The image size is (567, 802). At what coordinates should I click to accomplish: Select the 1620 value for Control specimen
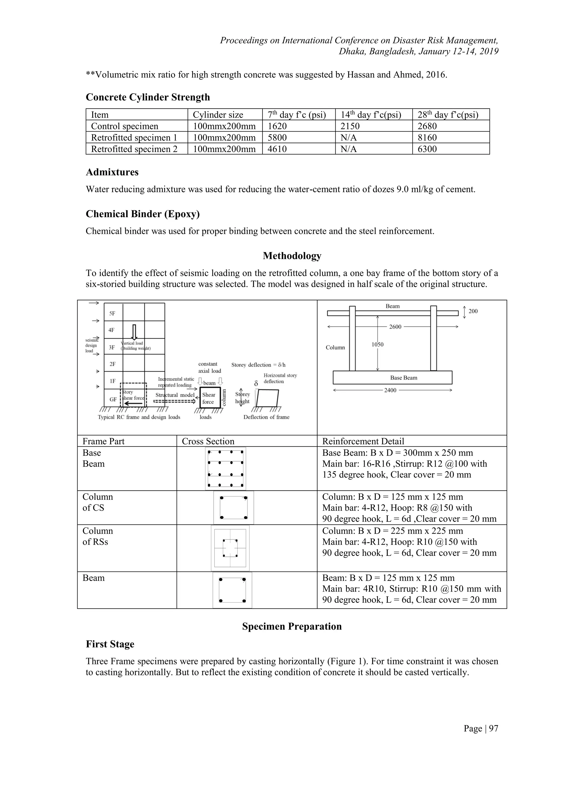pos(277,126)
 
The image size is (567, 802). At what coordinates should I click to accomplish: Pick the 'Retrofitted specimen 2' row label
pos(134,149)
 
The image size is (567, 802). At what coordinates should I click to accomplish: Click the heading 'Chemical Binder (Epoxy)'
pos(143,214)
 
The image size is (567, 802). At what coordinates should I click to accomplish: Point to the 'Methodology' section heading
pos(292,256)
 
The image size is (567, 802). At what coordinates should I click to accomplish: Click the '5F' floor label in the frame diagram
pos(112,313)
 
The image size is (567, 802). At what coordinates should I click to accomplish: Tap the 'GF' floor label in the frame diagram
pos(113,399)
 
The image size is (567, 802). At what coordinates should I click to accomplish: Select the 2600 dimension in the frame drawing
pos(395,327)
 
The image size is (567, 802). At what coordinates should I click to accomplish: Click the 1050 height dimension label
pos(377,344)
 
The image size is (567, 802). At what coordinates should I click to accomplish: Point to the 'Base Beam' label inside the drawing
pos(404,378)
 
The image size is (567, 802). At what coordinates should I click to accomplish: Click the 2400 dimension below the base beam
pos(390,390)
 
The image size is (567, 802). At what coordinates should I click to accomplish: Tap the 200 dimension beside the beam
pos(473,311)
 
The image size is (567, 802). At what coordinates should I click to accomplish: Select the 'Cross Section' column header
pos(208,441)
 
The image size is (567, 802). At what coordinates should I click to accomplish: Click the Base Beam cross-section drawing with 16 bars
pos(226,468)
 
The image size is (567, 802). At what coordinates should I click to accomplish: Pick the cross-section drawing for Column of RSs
pos(230,548)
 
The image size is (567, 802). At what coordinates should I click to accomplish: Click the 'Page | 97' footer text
pos(481,728)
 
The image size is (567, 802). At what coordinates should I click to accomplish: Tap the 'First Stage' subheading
pos(110,644)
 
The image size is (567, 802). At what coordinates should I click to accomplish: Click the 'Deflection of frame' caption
pos(266,417)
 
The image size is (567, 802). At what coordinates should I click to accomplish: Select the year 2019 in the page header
pos(489,51)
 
